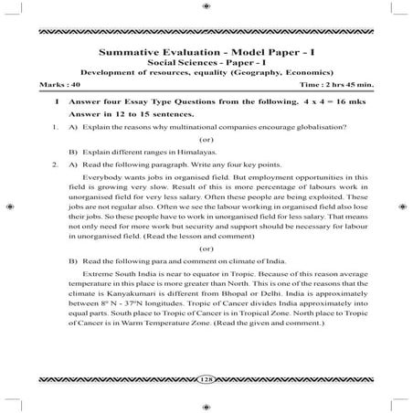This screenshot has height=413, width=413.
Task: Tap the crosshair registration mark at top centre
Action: (x=206, y=7)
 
